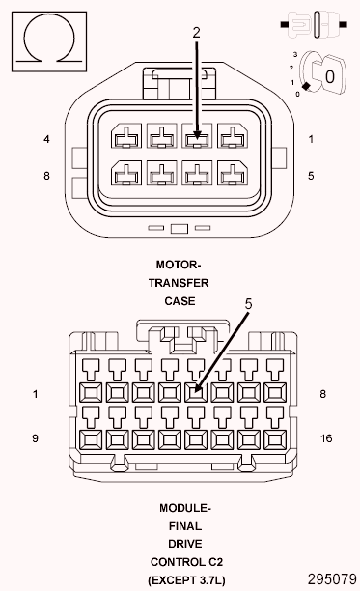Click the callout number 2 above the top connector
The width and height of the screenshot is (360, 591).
(196, 32)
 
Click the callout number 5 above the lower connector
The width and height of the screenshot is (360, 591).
(248, 303)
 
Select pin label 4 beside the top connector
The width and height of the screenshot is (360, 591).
(46, 139)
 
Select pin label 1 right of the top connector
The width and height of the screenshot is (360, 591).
(311, 139)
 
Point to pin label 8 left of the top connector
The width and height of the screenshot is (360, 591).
(46, 176)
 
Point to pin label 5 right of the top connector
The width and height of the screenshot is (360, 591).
(311, 176)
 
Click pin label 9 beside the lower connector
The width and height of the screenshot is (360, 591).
(35, 438)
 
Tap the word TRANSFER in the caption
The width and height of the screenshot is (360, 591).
(179, 282)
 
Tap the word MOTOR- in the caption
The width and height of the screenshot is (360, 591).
(179, 264)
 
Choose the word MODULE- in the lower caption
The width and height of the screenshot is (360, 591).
(185, 507)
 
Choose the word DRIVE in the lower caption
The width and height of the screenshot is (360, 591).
(185, 544)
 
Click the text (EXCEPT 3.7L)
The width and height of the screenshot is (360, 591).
(185, 580)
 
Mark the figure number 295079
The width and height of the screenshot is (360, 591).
(331, 579)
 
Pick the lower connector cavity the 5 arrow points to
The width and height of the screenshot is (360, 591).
(196, 392)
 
